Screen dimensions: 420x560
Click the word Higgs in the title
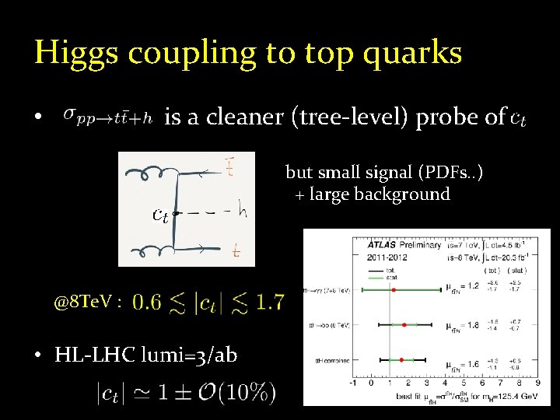(76, 53)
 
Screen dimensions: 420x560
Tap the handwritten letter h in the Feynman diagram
(240, 210)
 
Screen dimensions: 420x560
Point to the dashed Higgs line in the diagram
(208, 212)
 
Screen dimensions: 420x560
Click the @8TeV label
(87, 302)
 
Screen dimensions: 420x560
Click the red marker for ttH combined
(401, 360)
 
